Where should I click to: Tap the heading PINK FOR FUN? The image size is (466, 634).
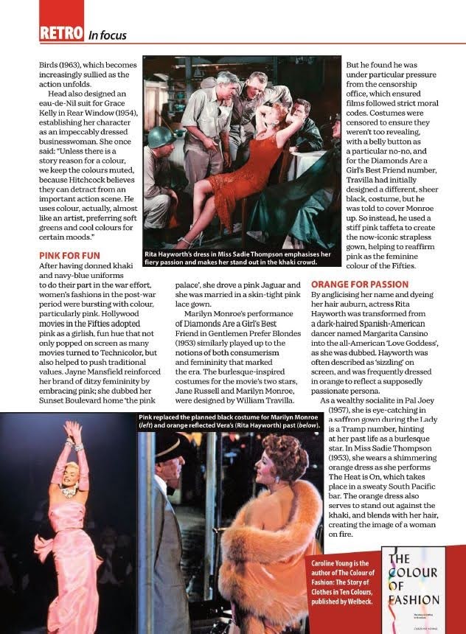[69, 254]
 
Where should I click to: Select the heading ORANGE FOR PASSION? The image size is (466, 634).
[358, 283]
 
